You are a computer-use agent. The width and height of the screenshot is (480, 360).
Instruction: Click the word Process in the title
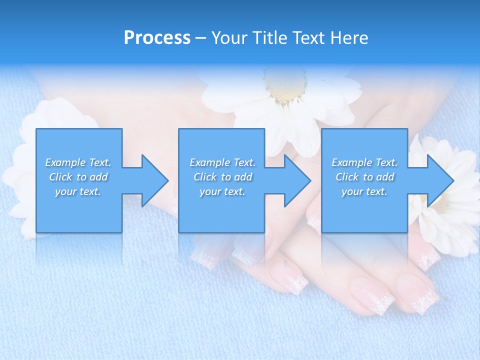157,38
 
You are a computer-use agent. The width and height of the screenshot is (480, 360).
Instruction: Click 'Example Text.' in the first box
78,162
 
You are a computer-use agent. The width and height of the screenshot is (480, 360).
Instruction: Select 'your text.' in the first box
78,191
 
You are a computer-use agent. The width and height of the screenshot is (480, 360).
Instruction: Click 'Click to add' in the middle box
222,177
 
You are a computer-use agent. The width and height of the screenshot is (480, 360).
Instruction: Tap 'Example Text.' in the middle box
222,162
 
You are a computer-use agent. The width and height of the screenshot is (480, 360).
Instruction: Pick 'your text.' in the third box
364,191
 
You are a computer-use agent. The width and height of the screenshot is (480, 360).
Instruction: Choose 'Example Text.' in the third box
364,162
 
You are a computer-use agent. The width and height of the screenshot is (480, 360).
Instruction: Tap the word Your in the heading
229,38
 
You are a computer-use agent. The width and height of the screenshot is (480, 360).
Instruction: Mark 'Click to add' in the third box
364,177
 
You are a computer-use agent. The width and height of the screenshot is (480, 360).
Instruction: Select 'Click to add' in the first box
78,177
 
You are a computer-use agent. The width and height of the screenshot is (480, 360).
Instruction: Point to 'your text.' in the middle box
222,191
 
